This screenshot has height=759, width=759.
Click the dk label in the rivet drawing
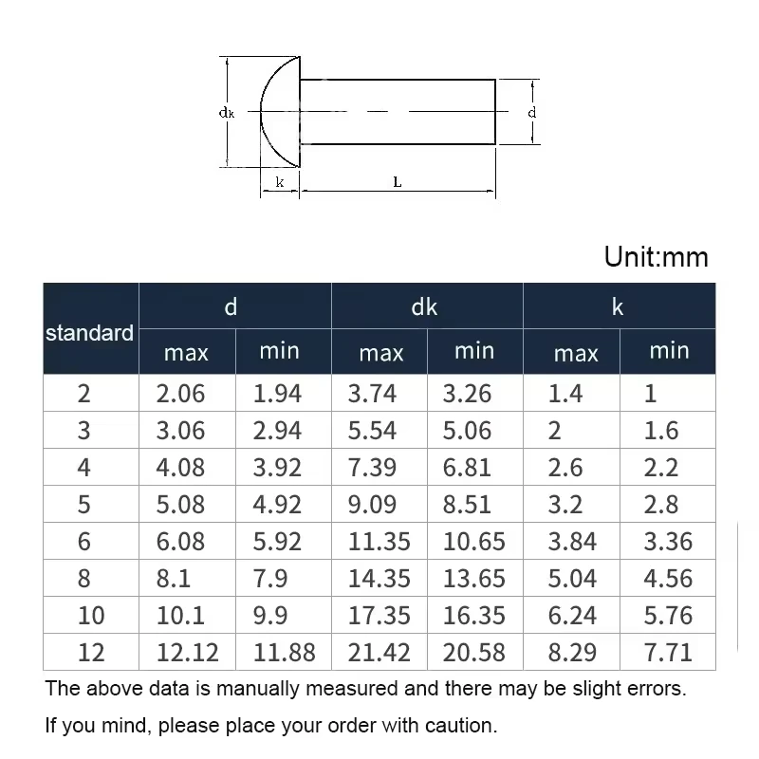click(227, 113)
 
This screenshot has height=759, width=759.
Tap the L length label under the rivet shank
click(398, 182)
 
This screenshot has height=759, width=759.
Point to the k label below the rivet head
click(280, 182)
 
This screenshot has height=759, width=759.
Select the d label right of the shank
click(532, 112)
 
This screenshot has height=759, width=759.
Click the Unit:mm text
click(656, 256)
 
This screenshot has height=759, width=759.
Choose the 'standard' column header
click(89, 333)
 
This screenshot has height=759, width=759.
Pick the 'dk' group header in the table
click(424, 306)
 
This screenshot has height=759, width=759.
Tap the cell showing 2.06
click(180, 393)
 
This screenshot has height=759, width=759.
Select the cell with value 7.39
click(372, 467)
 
